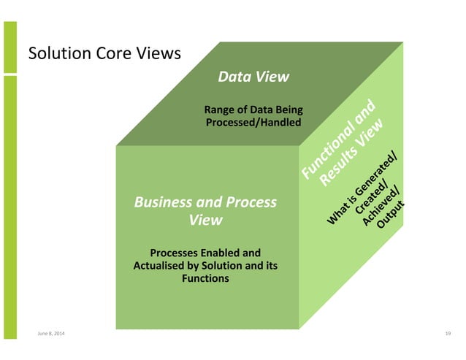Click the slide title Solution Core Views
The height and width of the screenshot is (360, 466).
pos(103,55)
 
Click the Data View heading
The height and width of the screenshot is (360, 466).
pos(254,77)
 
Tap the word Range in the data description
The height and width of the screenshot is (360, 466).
pos(221,110)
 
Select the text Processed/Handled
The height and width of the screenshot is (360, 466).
pos(253,123)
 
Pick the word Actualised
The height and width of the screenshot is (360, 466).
pos(161,266)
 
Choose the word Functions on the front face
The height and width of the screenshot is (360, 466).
pos(205,278)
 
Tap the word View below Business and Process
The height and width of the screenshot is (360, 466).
pos(205,220)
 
